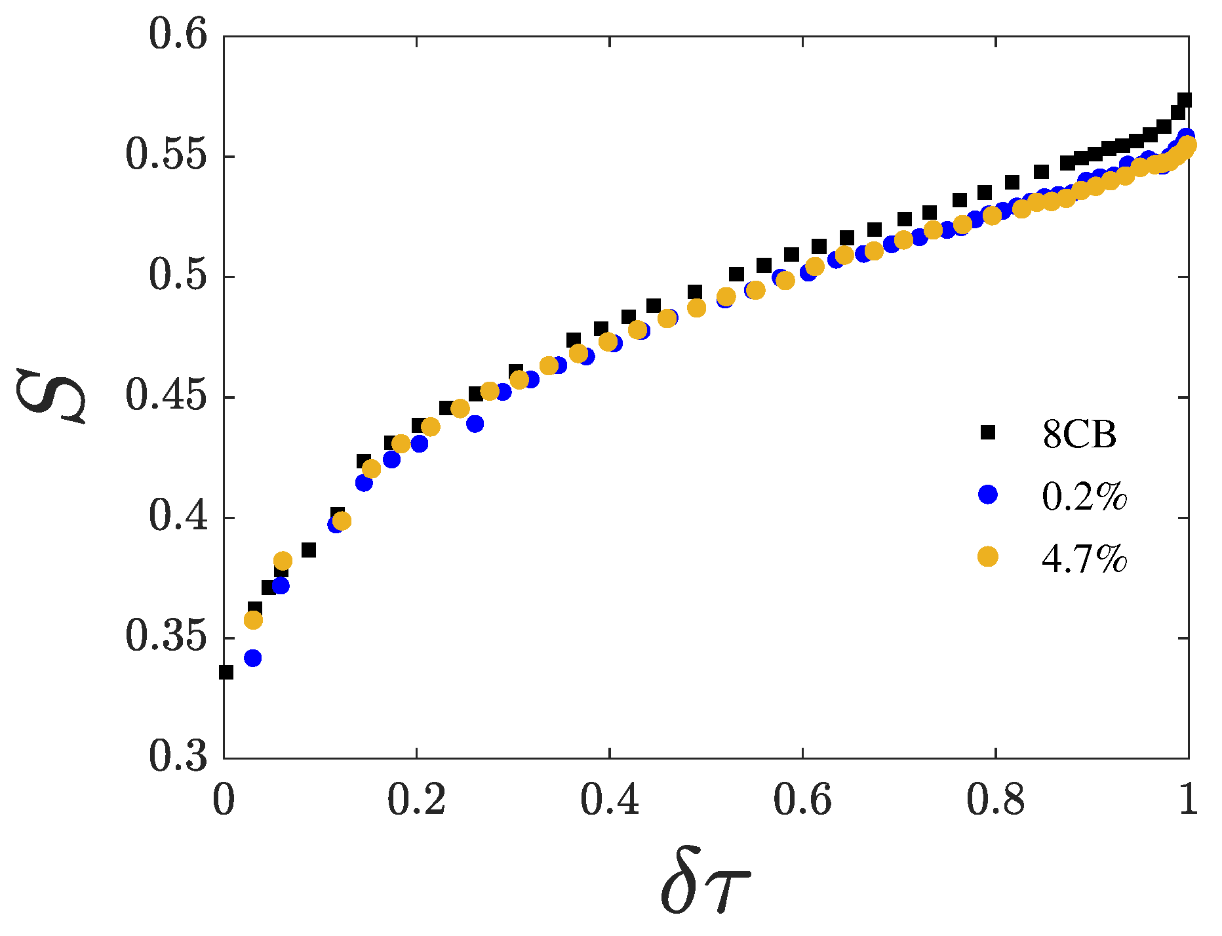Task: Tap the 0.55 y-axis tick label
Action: coord(166,156)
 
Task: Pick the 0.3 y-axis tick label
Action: coord(178,757)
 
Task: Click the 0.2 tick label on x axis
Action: coord(416,802)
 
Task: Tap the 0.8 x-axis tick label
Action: coord(995,802)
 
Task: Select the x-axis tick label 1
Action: coord(1188,802)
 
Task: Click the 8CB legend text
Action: coord(1079,434)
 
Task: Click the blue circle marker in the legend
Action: coord(987,495)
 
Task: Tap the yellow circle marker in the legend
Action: coord(987,557)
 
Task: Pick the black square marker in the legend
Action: coord(987,432)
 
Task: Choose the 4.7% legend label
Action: coord(1084,558)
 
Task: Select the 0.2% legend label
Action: coord(1084,497)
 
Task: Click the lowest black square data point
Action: coord(226,672)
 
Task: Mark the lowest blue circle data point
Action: coord(252,658)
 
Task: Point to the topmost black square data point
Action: coord(1184,100)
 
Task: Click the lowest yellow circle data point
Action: coord(253,620)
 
